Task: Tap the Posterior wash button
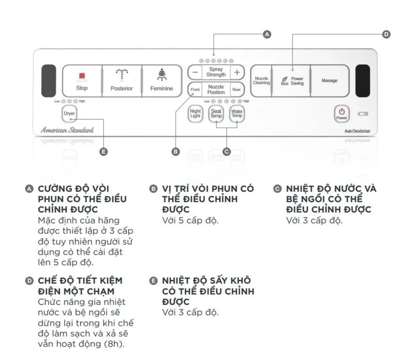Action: coord(121,81)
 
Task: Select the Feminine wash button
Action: coord(161,81)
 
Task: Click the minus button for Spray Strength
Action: coord(195,72)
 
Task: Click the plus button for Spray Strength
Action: coord(236,72)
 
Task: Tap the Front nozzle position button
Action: coord(195,90)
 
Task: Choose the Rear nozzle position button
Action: coord(236,90)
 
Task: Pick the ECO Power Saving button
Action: coord(292,81)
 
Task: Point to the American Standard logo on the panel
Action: coord(67,130)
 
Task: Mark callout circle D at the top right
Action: coord(386,34)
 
